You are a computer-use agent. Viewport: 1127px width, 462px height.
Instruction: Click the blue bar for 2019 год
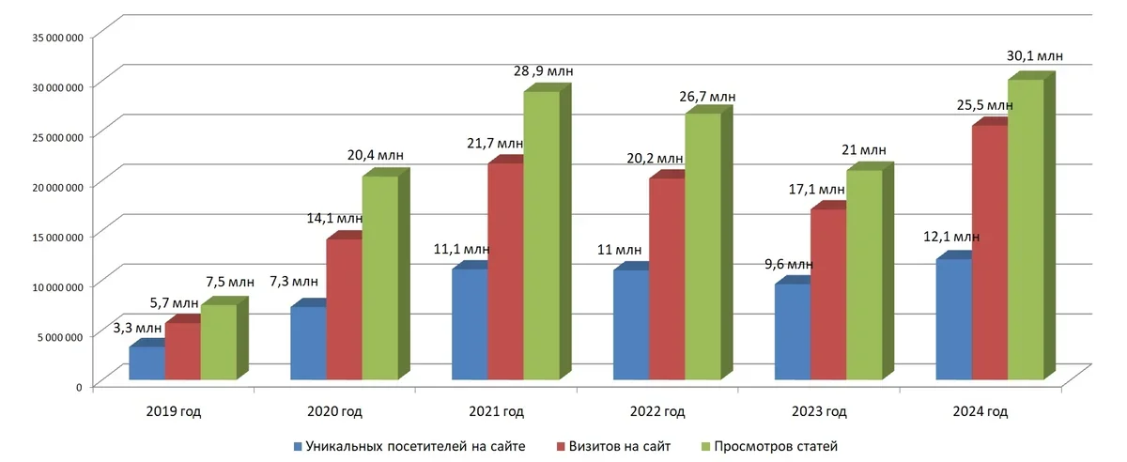click(x=147, y=363)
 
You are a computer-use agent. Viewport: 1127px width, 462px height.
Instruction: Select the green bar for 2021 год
click(x=542, y=235)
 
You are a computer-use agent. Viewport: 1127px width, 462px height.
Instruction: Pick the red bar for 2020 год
click(x=344, y=309)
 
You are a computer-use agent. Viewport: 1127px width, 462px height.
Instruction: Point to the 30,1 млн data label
click(x=1035, y=56)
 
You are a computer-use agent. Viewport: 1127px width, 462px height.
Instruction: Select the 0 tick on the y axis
click(x=79, y=386)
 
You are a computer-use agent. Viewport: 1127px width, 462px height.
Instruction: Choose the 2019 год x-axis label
click(x=174, y=411)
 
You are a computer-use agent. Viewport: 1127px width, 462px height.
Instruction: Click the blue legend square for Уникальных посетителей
click(x=297, y=445)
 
